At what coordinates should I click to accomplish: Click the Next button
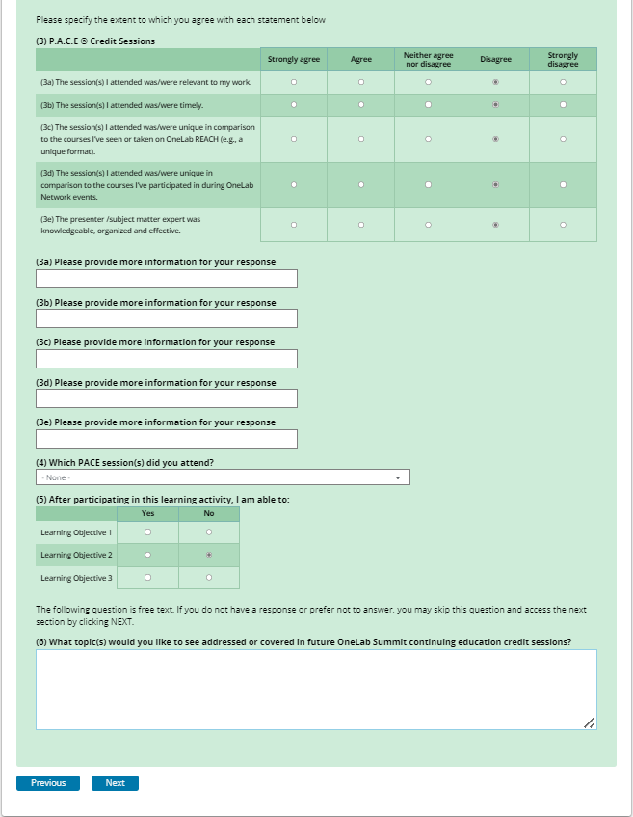pos(115,783)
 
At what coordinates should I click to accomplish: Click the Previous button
pos(48,783)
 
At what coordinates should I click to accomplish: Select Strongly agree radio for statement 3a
pos(294,82)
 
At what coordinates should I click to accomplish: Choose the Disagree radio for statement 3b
pos(495,104)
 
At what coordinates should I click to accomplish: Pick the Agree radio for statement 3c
pos(360,140)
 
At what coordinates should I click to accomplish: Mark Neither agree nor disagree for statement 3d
pos(428,184)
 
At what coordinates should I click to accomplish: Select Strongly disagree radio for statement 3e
pos(563,225)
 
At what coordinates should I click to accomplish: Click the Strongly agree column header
pos(294,59)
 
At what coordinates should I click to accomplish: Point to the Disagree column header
pos(495,59)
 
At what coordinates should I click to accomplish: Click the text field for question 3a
pos(167,279)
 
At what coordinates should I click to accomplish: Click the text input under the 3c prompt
pos(167,359)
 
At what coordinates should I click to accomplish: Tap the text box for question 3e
pos(167,439)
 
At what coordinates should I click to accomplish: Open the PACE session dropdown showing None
pos(223,477)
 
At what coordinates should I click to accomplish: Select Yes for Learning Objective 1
pos(147,532)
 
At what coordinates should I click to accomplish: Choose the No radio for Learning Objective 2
pos(208,555)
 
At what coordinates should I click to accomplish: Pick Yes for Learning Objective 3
pos(147,578)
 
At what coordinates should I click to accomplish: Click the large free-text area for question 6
pos(316,689)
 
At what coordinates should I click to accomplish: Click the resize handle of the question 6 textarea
pos(590,722)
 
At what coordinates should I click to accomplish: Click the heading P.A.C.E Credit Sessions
pos(95,41)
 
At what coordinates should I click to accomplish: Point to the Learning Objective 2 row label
pos(76,555)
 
